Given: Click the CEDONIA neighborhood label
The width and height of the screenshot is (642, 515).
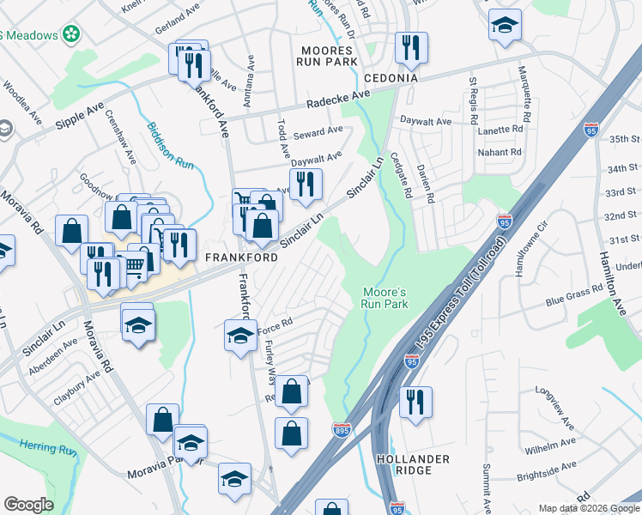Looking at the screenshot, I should point(391,78).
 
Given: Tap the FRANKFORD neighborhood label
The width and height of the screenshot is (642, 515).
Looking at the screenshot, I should point(241,257).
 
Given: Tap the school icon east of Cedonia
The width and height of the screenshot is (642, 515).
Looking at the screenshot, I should point(505,25).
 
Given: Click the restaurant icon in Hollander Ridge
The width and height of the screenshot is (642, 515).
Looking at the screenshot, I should point(415,401).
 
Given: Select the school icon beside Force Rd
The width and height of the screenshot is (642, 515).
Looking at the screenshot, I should point(240,334).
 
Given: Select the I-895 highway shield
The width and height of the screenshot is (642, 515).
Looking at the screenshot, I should point(340,427).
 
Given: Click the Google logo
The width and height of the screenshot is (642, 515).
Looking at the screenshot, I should point(28,504).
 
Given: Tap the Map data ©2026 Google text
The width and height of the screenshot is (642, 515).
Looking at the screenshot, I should point(588,508).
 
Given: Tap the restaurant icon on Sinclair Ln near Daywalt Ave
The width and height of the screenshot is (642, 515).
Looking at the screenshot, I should point(305,184).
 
